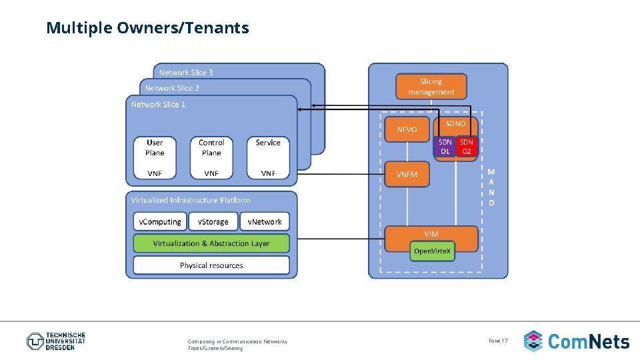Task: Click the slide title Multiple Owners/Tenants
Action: click(x=147, y=28)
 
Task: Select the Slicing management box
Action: click(x=431, y=87)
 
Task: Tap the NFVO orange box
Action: click(x=407, y=129)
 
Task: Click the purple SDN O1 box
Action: click(x=445, y=147)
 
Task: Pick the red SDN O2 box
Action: click(x=467, y=147)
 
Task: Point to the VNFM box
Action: click(x=407, y=174)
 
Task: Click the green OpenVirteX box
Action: click(x=432, y=251)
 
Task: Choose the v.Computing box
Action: click(x=159, y=222)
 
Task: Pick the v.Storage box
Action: click(x=213, y=222)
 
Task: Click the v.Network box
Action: click(x=265, y=222)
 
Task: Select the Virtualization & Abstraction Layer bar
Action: click(x=211, y=243)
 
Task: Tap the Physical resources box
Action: click(x=211, y=265)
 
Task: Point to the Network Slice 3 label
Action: click(x=186, y=73)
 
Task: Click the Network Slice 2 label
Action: click(x=172, y=88)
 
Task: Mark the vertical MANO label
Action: click(x=491, y=187)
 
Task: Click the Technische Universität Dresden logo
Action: click(x=56, y=341)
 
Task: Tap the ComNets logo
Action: click(x=577, y=341)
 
